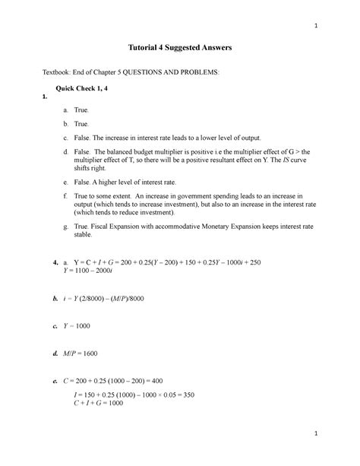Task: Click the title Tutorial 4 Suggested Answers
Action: coord(179,48)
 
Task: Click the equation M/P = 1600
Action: coord(85,353)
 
